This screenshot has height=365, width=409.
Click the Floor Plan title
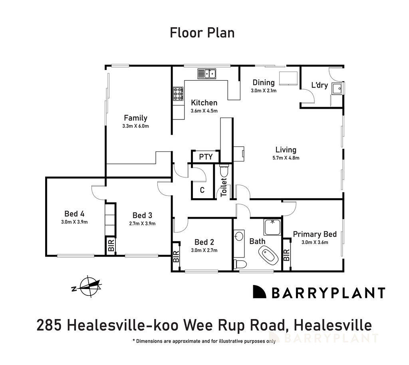pos(202,32)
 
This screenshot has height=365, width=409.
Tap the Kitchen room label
pos(204,103)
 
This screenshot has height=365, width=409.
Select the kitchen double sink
pos(207,74)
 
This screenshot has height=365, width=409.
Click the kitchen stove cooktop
pos(178,94)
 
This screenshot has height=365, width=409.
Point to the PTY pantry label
pos(205,157)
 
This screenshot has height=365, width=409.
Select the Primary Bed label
pos(315,234)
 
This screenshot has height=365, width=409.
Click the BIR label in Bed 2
pos(176,257)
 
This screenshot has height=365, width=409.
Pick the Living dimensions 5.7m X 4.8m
pos(286,158)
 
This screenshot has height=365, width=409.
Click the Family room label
pos(135,118)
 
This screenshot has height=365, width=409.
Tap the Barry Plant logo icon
pos(259,292)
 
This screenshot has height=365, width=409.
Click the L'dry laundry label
pos(320,85)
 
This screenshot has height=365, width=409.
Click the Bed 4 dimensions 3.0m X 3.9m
pos(74,222)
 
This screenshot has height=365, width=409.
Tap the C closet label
pos(202,190)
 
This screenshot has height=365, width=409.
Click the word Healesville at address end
pos(335,325)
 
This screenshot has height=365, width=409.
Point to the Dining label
pos(264,83)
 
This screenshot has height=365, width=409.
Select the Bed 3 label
pos(142,215)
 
